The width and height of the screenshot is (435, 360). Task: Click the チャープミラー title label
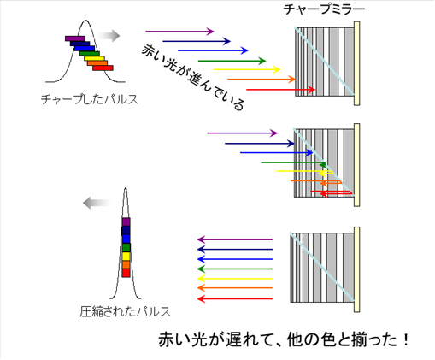pyautogui.click(x=324, y=9)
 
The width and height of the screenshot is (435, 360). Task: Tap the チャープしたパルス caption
pyautogui.click(x=90, y=99)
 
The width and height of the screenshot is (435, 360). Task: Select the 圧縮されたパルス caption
pyautogui.click(x=125, y=311)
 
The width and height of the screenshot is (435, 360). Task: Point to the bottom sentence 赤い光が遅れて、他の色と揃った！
pyautogui.click(x=284, y=339)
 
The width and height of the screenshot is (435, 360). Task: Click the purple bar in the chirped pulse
pyautogui.click(x=75, y=38)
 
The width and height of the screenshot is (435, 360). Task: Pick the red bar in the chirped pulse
pyautogui.click(x=103, y=68)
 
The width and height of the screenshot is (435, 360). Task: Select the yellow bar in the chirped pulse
pyautogui.click(x=94, y=58)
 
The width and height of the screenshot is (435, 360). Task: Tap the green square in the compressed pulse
pyautogui.click(x=126, y=247)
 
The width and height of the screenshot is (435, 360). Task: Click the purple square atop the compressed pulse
pyautogui.click(x=126, y=221)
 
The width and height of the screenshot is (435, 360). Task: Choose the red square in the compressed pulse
pyautogui.click(x=126, y=273)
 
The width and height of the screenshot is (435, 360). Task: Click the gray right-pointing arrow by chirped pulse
pyautogui.click(x=109, y=36)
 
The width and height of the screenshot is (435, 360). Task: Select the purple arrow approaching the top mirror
pyautogui.click(x=179, y=32)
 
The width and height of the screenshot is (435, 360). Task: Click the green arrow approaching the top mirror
pyautogui.click(x=232, y=61)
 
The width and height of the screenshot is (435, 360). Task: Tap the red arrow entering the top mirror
pyautogui.click(x=281, y=90)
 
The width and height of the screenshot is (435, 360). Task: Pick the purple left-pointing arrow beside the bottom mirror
pyautogui.click(x=235, y=239)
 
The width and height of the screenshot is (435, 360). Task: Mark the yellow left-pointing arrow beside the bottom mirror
pyautogui.click(x=235, y=279)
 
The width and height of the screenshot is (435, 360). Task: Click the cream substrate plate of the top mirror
pyautogui.click(x=356, y=63)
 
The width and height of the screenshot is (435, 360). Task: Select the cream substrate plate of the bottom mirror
pyautogui.click(x=356, y=269)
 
